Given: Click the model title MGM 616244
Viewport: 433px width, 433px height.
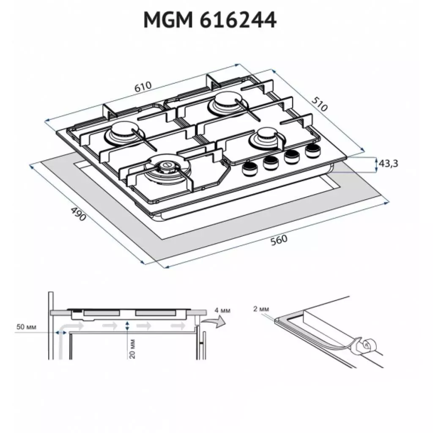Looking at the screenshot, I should click(210, 20).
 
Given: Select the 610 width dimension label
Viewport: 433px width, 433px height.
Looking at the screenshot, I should click(143, 87).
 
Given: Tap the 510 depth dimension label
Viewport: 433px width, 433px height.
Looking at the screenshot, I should click(320, 104).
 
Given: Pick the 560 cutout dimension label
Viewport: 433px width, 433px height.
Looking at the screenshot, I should click(279, 239).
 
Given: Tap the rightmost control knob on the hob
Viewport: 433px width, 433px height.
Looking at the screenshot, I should click(312, 149).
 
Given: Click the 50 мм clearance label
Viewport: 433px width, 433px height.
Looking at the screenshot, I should click(25, 327).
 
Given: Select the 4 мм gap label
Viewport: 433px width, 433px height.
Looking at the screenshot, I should click(222, 311).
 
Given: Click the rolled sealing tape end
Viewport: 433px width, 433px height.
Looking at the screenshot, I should click(364, 346).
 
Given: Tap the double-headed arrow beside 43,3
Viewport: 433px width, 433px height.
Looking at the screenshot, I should click(376, 164).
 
